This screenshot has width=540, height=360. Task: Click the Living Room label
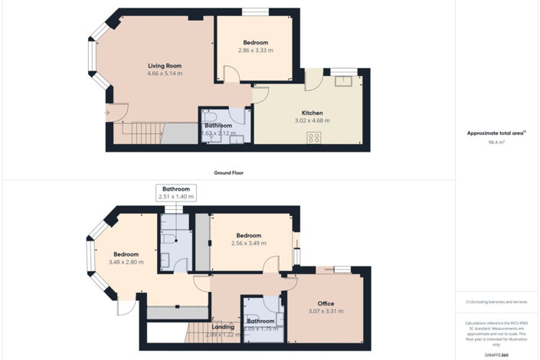coord(165,66)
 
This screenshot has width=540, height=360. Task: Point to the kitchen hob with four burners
coord(314,137)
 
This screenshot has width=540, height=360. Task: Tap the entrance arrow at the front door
coord(107,114)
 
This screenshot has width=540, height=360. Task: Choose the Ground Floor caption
coord(228,173)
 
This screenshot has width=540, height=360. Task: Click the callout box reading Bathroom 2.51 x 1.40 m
coord(176,192)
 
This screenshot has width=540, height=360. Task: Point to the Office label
coord(326,303)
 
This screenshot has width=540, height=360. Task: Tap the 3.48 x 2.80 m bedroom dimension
coord(126,262)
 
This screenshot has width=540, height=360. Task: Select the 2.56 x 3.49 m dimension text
coord(249,244)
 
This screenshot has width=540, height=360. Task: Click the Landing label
coord(223,327)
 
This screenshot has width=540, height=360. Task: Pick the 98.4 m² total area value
coord(496,142)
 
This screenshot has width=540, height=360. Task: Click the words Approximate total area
coord(496,133)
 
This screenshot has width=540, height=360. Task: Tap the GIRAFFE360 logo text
coord(496,355)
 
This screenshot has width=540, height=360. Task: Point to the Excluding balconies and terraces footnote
coord(496,303)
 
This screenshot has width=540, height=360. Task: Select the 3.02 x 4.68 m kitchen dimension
coord(313,120)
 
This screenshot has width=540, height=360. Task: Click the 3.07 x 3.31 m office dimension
coord(326,311)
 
